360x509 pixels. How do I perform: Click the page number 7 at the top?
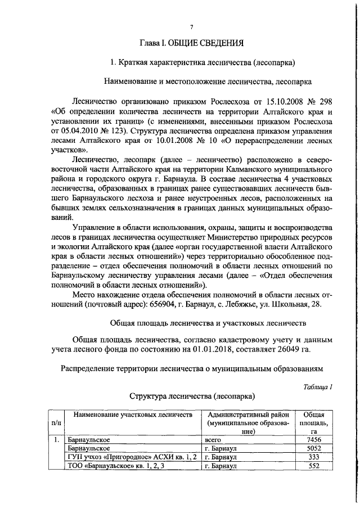(191, 27)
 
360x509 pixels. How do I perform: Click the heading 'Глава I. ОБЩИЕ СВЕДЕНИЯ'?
(191, 43)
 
